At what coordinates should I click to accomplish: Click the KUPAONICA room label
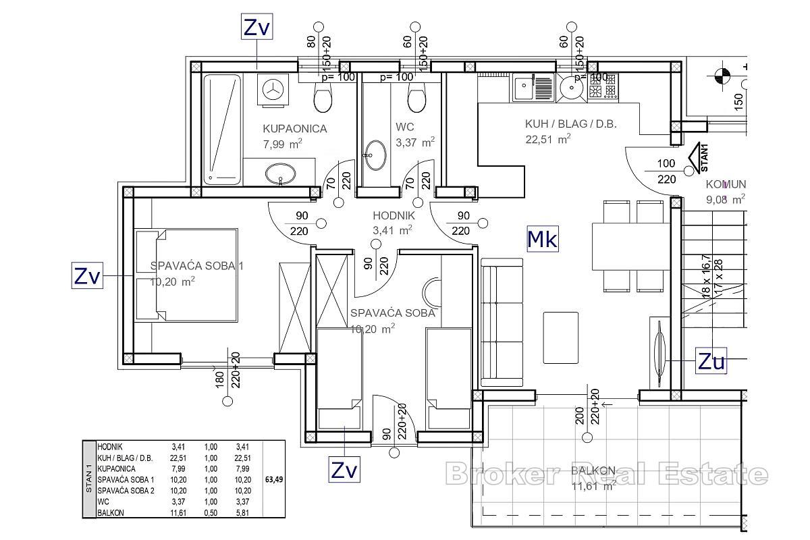(x=294, y=128)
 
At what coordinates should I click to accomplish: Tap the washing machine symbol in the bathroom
(x=273, y=90)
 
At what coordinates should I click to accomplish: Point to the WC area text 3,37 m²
(x=414, y=142)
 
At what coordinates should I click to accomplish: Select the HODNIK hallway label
(x=394, y=216)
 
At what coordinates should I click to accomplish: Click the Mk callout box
(x=543, y=238)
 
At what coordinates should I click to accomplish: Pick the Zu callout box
(x=711, y=362)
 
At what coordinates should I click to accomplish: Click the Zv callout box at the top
(x=256, y=28)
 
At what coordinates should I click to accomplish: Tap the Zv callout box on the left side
(x=87, y=276)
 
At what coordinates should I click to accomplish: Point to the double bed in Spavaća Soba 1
(x=187, y=275)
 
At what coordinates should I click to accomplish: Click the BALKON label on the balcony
(x=593, y=470)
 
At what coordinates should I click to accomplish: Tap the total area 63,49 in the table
(x=273, y=481)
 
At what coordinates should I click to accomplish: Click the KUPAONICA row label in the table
(x=116, y=468)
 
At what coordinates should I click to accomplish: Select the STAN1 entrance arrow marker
(x=695, y=159)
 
